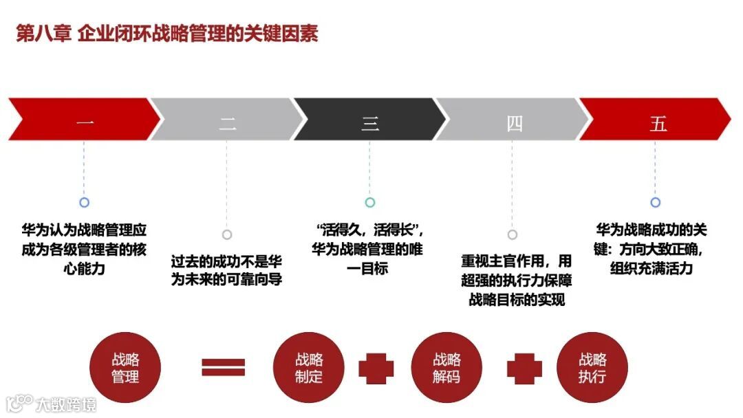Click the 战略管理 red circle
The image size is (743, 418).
(125, 367)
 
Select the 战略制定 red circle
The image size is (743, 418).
(309, 367)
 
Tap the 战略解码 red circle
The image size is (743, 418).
(446, 367)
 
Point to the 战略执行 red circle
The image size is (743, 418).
(592, 367)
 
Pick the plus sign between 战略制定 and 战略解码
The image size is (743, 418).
(376, 368)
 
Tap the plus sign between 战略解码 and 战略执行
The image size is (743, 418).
(524, 368)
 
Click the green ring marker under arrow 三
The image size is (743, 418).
(370, 203)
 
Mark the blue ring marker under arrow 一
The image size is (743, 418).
(84, 203)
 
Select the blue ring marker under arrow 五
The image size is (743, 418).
(656, 203)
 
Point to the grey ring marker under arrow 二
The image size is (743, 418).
(227, 234)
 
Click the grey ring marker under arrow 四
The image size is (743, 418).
(512, 234)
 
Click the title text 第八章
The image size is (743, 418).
(43, 34)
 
